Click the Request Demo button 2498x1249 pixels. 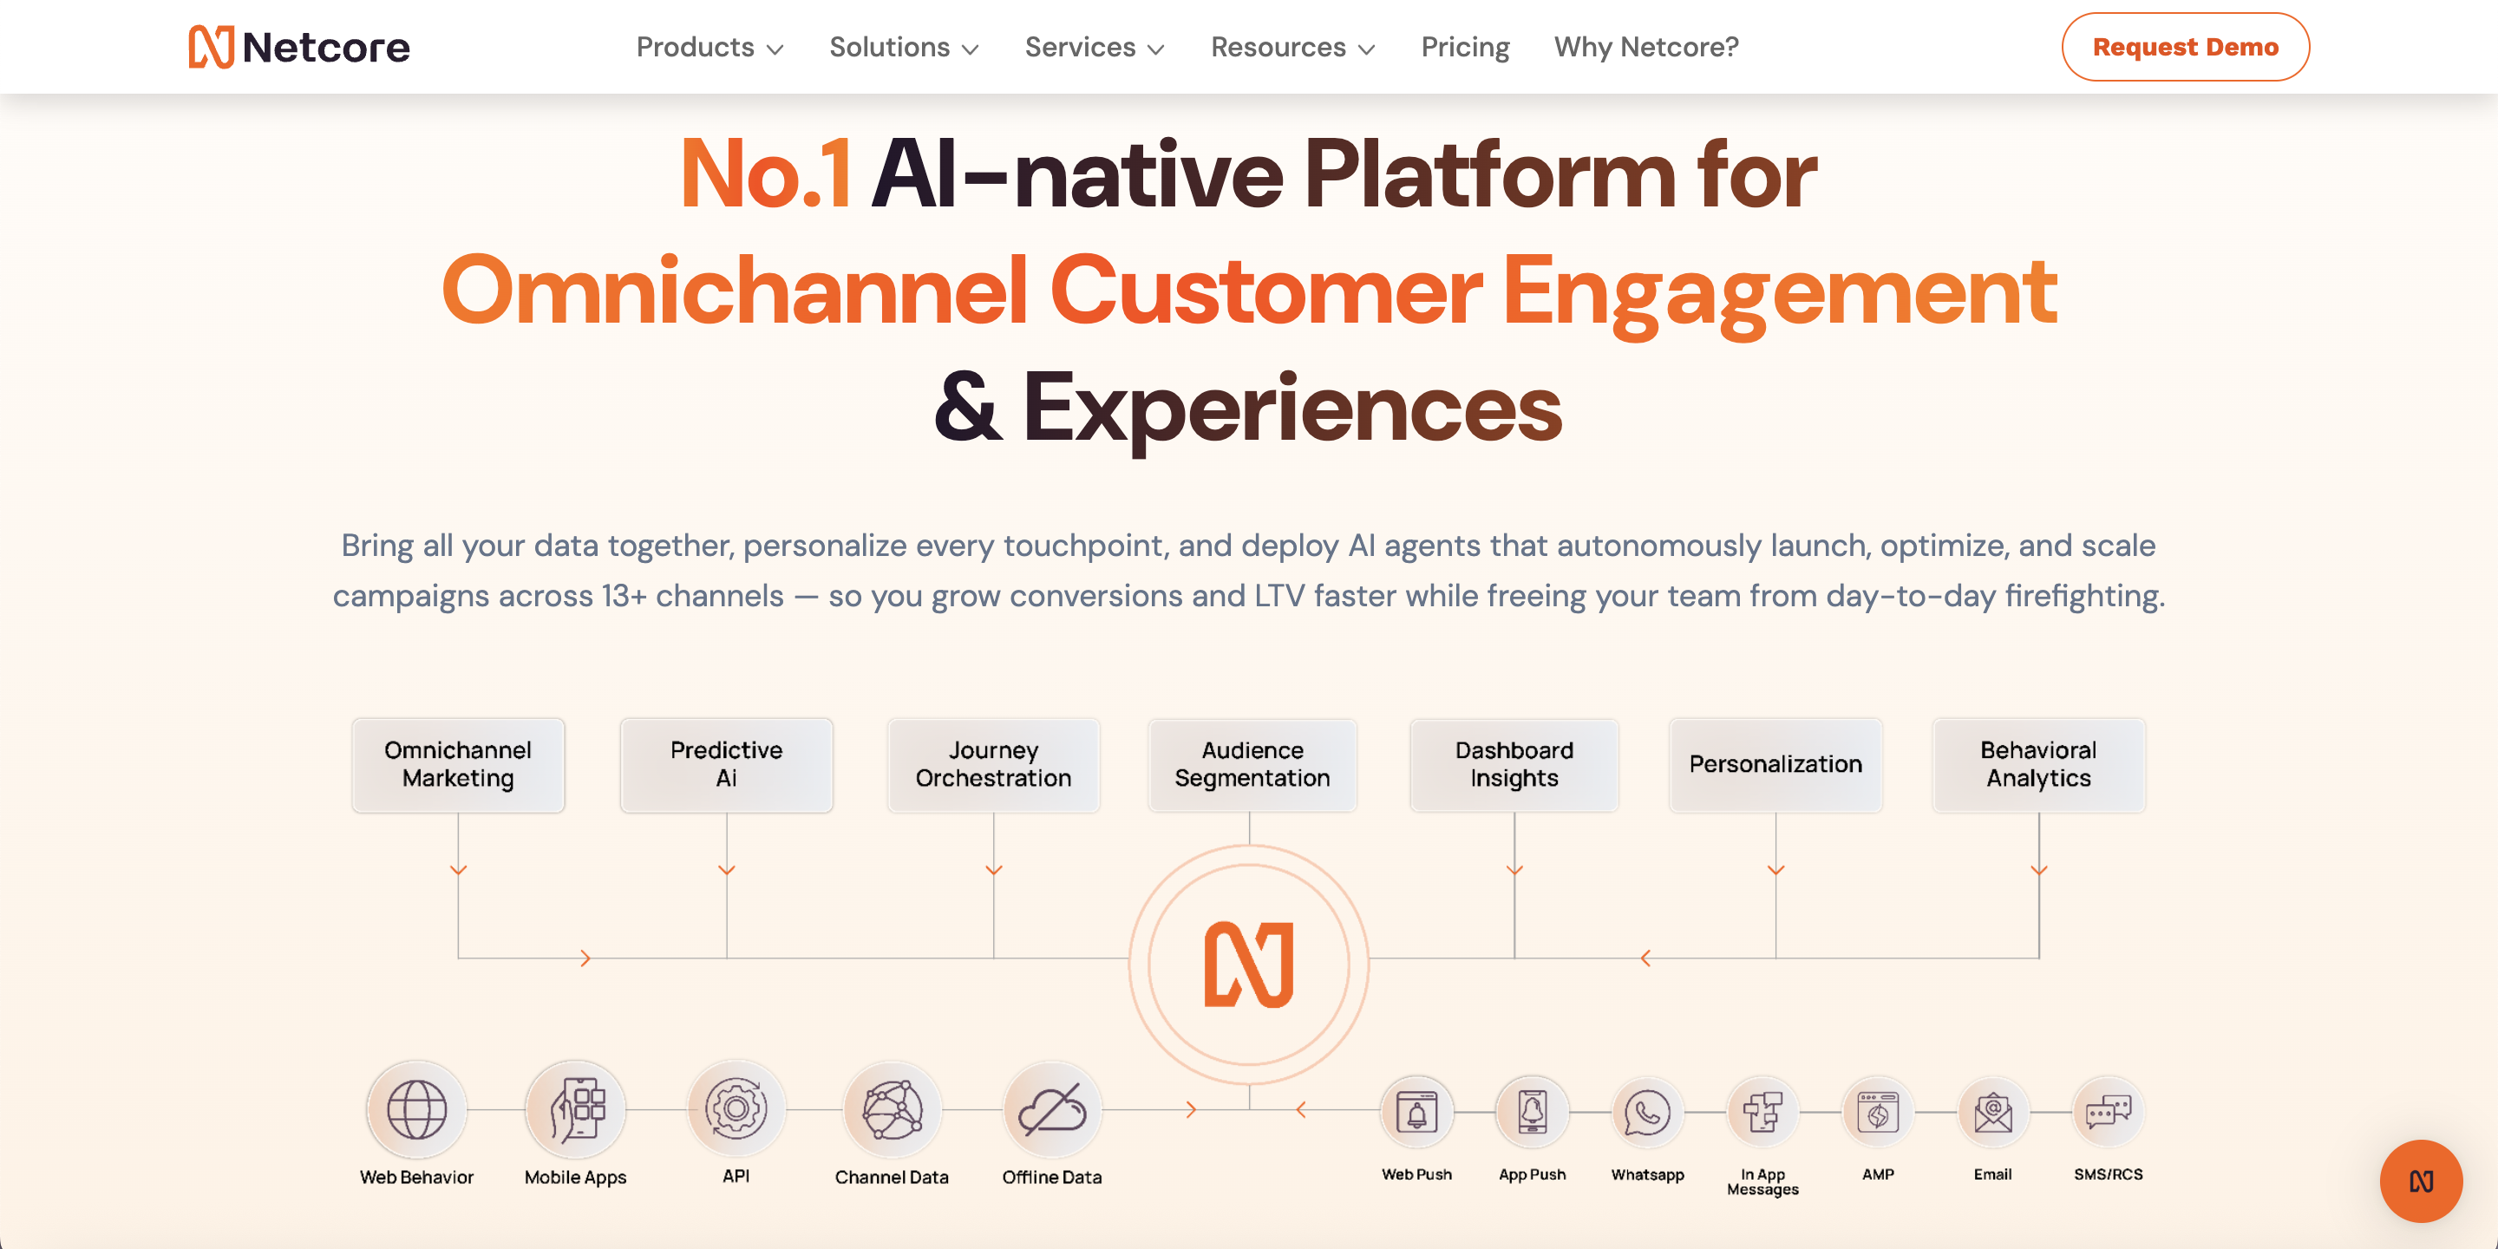tap(2185, 47)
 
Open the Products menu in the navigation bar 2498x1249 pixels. tap(710, 47)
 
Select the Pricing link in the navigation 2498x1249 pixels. tap(1465, 47)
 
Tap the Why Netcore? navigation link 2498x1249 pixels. tap(1646, 47)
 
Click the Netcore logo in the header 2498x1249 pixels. tap(298, 47)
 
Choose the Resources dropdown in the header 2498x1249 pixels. tap(1292, 47)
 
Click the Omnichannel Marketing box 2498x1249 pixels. tap(458, 764)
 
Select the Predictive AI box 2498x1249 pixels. tap(726, 764)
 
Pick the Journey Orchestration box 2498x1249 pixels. tap(993, 764)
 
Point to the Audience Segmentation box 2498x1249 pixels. tap(1252, 764)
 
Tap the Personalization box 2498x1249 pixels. tap(1775, 764)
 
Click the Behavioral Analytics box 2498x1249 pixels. tap(2038, 764)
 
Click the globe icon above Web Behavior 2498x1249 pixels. tap(417, 1109)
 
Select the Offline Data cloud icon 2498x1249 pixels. tap(1052, 1109)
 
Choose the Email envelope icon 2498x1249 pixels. tap(1993, 1111)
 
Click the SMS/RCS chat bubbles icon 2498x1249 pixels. tap(2109, 1111)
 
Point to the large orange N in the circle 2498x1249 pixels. tap(1249, 964)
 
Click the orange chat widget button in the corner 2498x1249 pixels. tap(2422, 1181)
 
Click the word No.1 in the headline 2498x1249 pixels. tap(766, 174)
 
